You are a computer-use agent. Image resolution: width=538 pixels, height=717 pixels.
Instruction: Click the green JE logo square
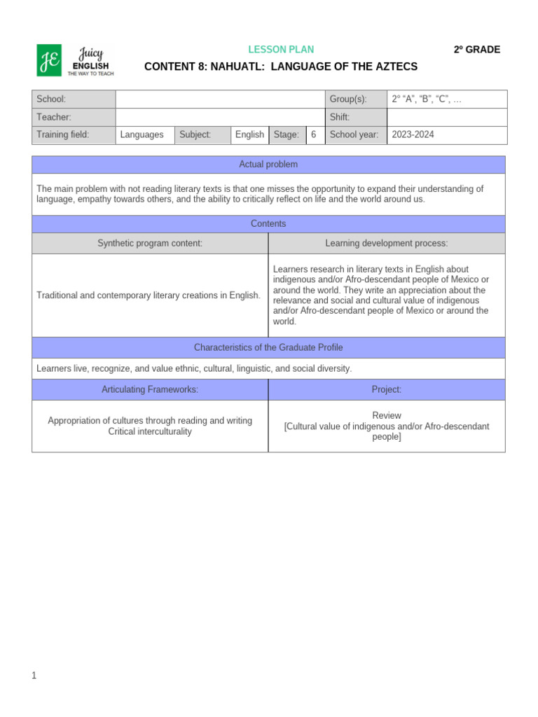tap(49, 60)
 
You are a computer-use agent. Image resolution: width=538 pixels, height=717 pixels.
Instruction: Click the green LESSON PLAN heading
tap(281, 50)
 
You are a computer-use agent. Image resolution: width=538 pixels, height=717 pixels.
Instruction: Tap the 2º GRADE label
tap(476, 50)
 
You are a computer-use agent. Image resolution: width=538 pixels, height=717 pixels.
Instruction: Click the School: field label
tap(51, 99)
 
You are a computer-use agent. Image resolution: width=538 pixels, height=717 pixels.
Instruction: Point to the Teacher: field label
tap(54, 118)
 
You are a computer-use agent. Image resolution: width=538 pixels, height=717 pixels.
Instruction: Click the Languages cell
tap(142, 134)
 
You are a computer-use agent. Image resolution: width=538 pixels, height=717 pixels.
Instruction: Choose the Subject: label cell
tap(195, 134)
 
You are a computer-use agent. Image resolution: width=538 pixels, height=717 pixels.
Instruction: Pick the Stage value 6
tap(314, 134)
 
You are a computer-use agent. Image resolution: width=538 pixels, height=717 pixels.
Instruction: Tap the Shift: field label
tap(340, 118)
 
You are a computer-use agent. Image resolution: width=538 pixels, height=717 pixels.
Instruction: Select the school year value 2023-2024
tap(413, 134)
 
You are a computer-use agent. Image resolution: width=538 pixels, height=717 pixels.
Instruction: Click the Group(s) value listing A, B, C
tap(427, 99)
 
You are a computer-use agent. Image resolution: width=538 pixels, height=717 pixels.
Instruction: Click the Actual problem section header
tap(268, 165)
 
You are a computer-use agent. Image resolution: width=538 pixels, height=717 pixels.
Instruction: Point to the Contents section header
tap(268, 224)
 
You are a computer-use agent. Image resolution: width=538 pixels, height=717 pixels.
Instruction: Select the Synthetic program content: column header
tap(150, 244)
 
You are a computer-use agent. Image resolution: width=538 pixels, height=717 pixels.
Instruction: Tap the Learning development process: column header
tap(387, 244)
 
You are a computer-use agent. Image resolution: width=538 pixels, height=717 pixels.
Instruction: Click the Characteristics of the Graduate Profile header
tap(268, 348)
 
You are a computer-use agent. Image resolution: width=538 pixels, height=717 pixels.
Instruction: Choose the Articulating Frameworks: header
tap(150, 390)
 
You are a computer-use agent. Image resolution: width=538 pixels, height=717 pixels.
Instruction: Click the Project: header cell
tap(387, 390)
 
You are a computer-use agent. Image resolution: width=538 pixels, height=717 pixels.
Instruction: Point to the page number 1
tap(34, 676)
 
